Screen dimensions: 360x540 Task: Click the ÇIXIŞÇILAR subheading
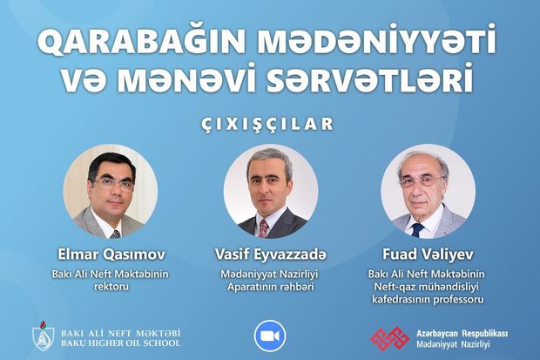269,123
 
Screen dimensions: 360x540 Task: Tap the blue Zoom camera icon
270,336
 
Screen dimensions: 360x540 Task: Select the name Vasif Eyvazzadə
269,253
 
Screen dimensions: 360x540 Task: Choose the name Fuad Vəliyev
428,253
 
